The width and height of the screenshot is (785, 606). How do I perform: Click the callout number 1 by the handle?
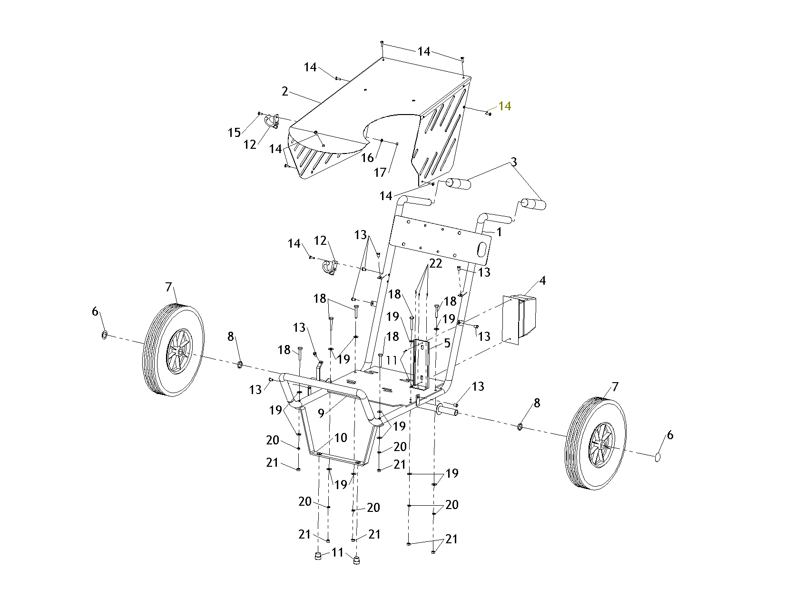[499, 232]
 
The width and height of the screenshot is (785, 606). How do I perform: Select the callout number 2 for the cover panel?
[285, 92]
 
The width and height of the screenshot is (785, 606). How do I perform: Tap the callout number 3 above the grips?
[514, 162]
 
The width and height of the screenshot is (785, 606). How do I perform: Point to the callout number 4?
[542, 280]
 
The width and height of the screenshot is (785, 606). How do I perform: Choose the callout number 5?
[447, 343]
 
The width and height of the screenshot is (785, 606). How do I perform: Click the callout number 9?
[321, 414]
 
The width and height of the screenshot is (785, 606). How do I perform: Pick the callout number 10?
[341, 438]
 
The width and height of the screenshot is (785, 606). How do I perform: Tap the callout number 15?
[234, 133]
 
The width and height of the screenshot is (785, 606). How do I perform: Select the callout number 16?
[367, 158]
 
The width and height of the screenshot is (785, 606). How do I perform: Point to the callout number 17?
[380, 173]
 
